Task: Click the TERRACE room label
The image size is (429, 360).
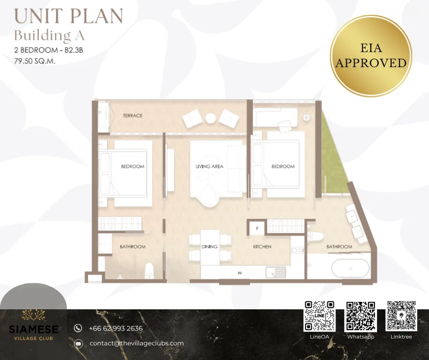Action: click(x=133, y=116)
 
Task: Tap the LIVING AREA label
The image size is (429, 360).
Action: click(x=209, y=166)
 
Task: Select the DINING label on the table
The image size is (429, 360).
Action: click(x=209, y=247)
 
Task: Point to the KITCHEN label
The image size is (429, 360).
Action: click(x=262, y=247)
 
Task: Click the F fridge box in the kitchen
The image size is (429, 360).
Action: click(x=257, y=228)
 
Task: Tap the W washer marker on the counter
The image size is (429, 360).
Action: click(x=240, y=273)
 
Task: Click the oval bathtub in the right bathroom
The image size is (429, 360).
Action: click(x=351, y=268)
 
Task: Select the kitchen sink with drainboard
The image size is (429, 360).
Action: click(x=276, y=272)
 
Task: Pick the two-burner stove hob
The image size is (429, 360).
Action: click(x=298, y=250)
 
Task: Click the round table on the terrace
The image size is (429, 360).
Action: click(x=211, y=118)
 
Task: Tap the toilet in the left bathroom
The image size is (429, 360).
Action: click(x=149, y=270)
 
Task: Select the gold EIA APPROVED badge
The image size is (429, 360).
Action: click(x=371, y=56)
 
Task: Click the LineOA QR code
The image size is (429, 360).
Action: click(x=319, y=316)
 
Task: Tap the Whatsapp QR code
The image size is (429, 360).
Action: click(x=361, y=316)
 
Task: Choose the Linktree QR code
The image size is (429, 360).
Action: click(x=401, y=316)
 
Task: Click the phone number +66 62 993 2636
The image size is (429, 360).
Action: click(x=116, y=328)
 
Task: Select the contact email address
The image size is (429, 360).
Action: click(x=136, y=343)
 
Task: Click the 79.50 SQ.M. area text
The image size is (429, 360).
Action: click(x=35, y=61)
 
